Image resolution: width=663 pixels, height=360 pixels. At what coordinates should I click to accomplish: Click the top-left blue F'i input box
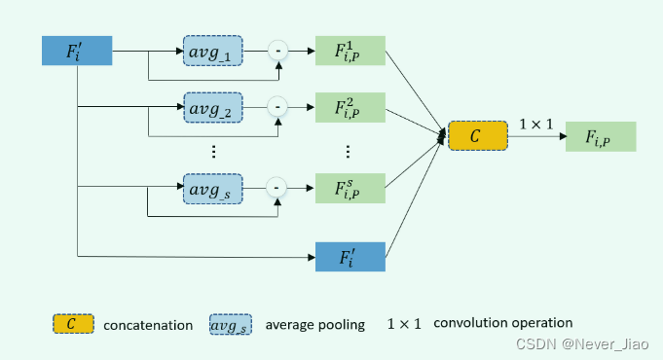(77, 52)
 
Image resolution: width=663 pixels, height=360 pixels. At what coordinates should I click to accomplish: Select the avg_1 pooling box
(212, 50)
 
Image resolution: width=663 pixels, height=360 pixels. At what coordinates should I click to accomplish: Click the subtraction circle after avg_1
(278, 50)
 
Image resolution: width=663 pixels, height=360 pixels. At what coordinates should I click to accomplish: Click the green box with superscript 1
(350, 51)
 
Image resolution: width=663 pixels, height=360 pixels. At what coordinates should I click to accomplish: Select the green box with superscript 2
(350, 106)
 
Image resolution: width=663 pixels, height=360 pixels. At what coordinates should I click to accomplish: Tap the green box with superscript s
(350, 187)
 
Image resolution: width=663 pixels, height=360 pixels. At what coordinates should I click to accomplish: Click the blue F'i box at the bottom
(350, 257)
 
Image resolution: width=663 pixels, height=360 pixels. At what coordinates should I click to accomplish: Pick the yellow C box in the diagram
(477, 136)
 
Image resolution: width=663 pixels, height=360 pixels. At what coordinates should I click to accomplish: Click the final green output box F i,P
(600, 136)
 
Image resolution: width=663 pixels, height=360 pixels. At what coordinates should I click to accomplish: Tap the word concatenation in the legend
(148, 324)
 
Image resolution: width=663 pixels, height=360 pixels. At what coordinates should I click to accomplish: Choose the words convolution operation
(503, 323)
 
